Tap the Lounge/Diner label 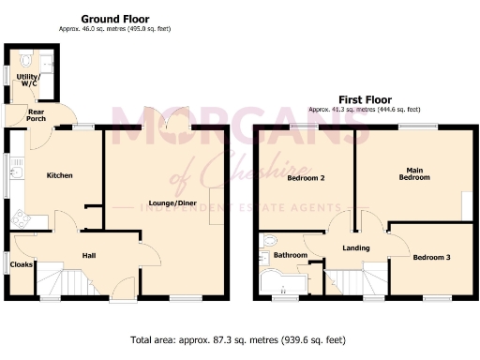pos(164,202)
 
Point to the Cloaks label pos(22,265)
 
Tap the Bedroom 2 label pos(306,178)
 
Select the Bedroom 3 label pos(430,257)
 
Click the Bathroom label pos(291,254)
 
